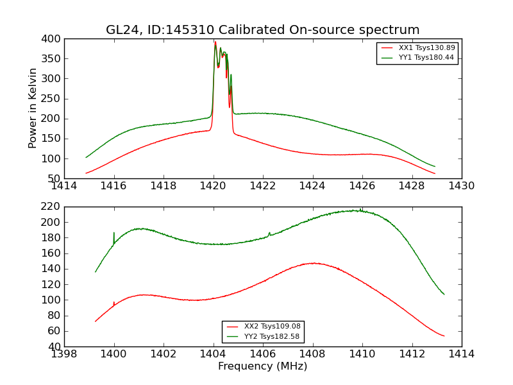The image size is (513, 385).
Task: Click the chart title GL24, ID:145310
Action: tap(262, 30)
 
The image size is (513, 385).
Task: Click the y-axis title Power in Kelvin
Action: tap(33, 108)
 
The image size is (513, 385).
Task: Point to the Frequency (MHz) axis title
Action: tap(262, 366)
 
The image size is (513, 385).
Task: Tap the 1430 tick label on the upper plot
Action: tap(461, 186)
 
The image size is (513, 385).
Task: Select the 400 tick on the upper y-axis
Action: tap(53, 39)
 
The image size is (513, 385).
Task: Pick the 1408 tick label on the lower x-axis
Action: tap(312, 354)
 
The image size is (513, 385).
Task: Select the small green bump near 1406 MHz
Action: tap(269, 233)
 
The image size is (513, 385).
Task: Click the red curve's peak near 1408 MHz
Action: tap(313, 263)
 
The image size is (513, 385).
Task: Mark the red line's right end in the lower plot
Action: tap(444, 336)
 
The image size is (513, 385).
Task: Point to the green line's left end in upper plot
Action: tap(86, 157)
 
